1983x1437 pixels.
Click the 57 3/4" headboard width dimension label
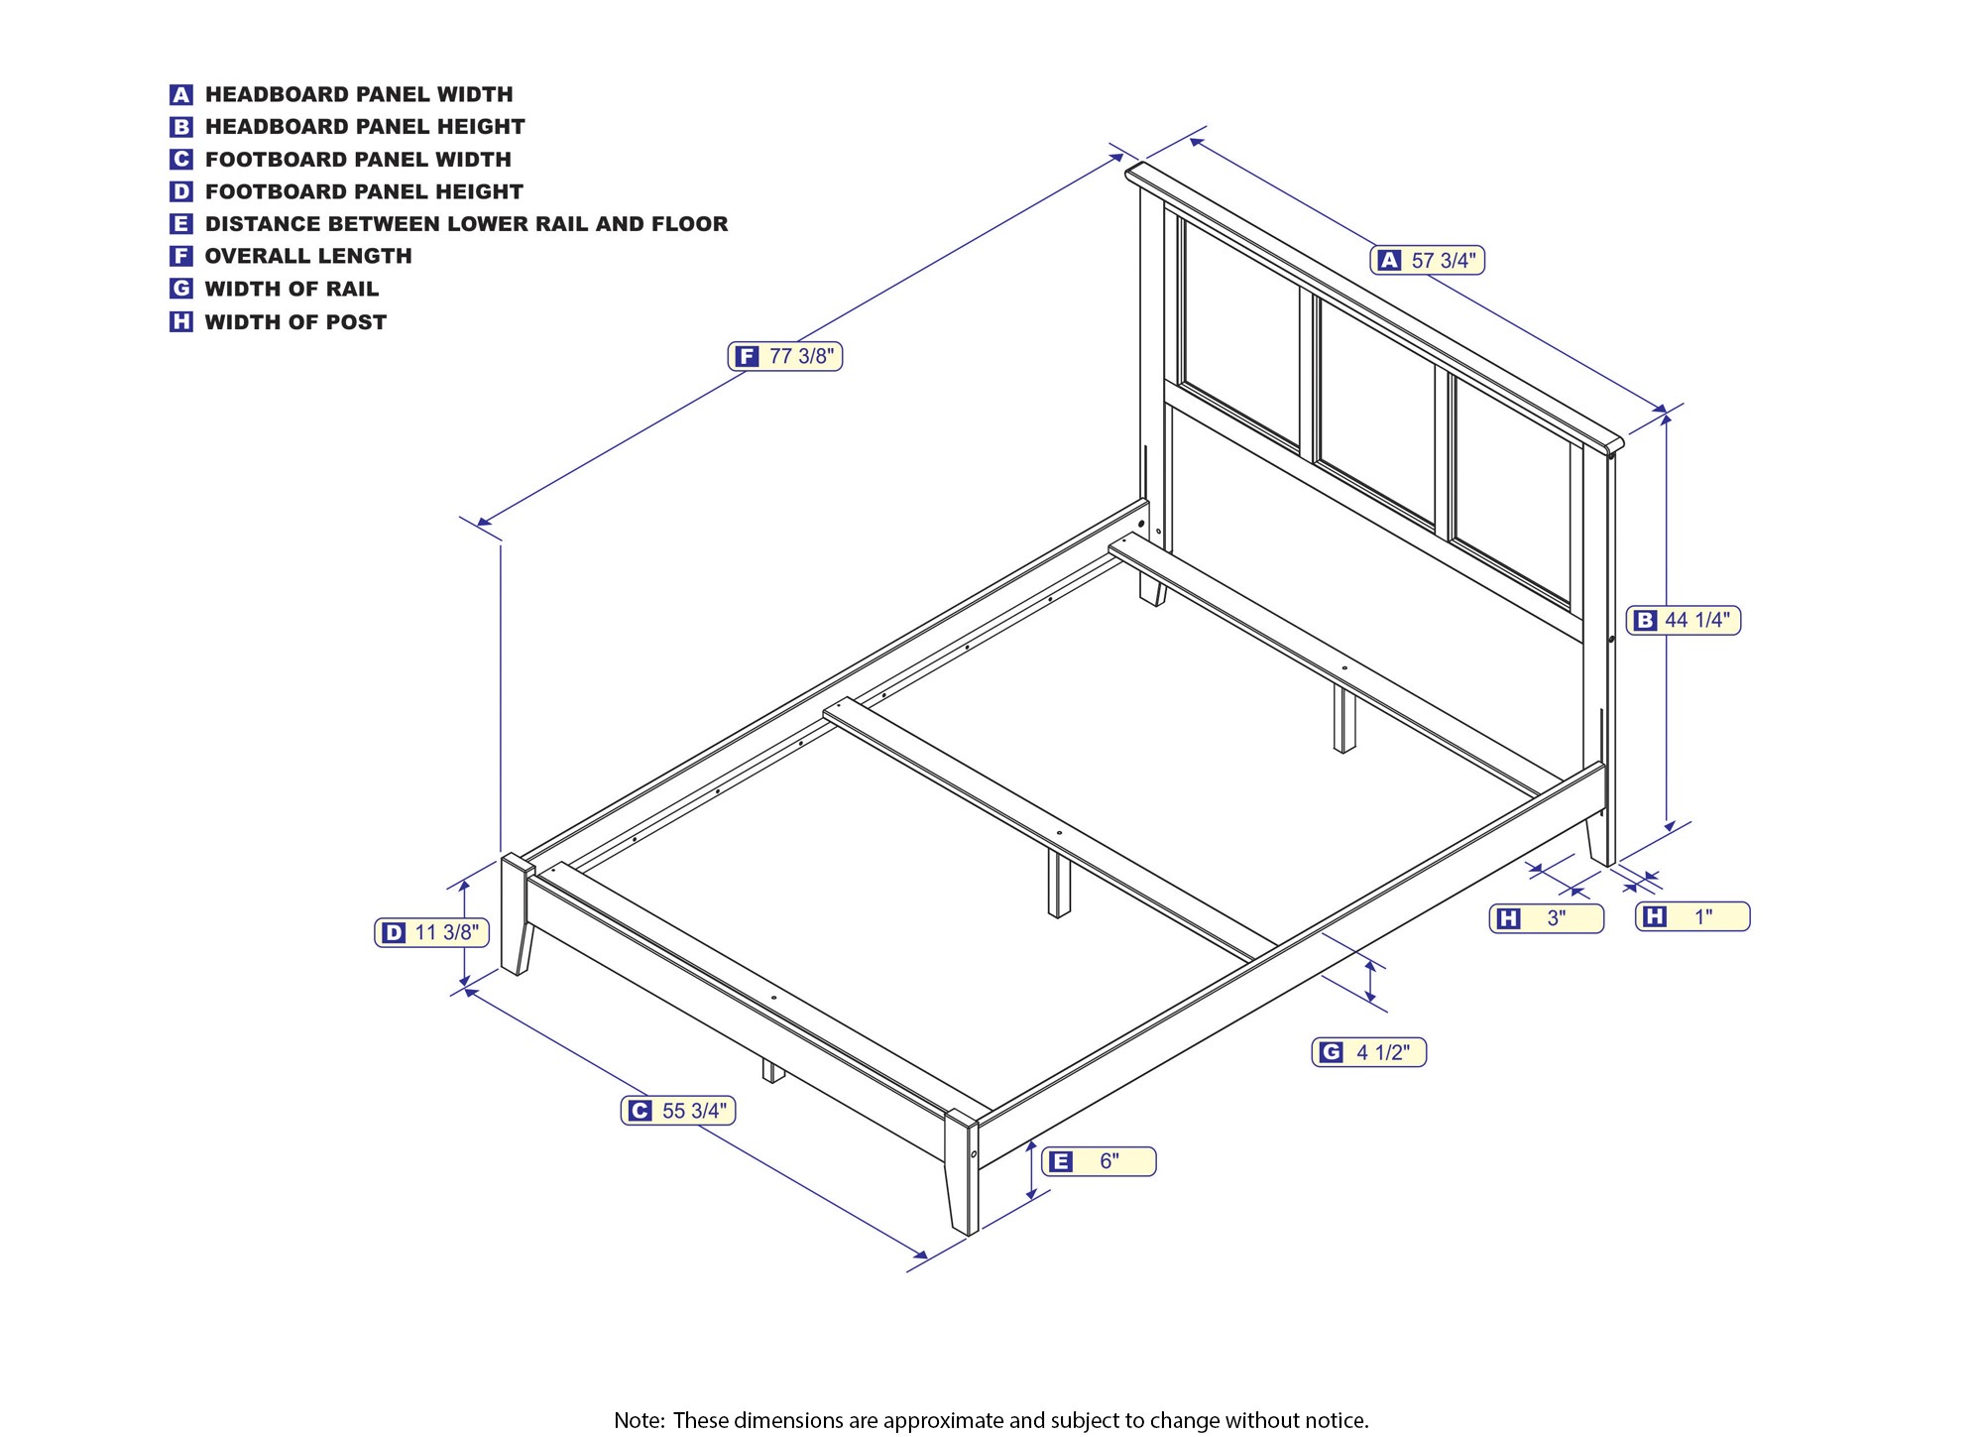(x=1428, y=260)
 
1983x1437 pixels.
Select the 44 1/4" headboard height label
(x=1684, y=620)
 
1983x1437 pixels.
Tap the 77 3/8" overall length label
(x=785, y=356)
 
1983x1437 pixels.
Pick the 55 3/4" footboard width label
(x=679, y=1110)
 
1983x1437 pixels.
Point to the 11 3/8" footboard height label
(x=432, y=932)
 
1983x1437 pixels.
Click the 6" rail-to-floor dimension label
(x=1099, y=1161)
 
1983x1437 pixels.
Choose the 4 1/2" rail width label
(x=1369, y=1052)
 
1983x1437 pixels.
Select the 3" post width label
(x=1547, y=918)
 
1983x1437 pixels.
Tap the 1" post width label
(x=1692, y=916)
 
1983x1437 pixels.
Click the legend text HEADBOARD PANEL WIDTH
(x=359, y=94)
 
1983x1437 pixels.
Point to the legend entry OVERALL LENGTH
(x=308, y=256)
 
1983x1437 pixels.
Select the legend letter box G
(x=180, y=289)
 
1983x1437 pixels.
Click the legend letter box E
(x=180, y=224)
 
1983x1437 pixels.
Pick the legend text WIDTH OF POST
(x=295, y=322)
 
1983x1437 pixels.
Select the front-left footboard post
(x=517, y=914)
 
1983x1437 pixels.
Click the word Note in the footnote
(x=639, y=1420)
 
